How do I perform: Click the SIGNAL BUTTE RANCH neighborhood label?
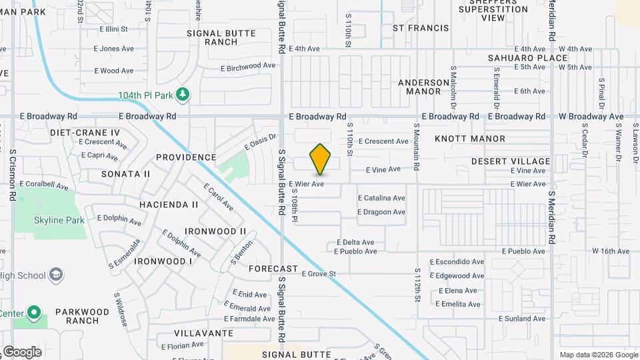coord(212,37)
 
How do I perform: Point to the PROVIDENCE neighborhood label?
coord(186,158)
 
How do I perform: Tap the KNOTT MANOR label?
coord(470,139)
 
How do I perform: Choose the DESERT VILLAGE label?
coord(511,161)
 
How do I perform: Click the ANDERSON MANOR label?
coord(424,87)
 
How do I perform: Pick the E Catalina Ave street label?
coord(381,198)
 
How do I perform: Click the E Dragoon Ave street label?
coord(381,212)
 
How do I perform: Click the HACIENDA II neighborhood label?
coord(169,205)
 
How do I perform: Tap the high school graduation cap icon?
coord(57,275)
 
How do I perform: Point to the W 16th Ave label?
coord(611,251)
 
